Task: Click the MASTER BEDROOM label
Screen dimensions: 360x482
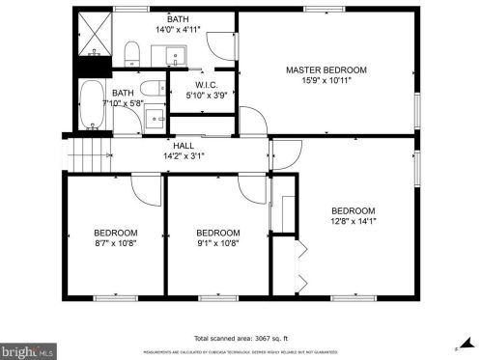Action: point(326,70)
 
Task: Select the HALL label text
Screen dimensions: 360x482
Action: point(184,145)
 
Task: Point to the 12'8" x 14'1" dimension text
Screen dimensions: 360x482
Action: point(354,221)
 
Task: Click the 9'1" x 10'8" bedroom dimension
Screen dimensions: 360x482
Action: point(217,243)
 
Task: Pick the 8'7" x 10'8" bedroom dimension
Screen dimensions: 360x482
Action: point(115,243)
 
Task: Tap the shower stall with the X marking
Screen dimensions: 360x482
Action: point(94,35)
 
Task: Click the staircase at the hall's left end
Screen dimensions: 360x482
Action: point(86,152)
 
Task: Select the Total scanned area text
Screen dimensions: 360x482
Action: point(241,339)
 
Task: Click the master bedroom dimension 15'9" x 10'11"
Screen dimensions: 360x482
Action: point(326,80)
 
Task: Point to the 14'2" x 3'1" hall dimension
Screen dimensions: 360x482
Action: point(184,155)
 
